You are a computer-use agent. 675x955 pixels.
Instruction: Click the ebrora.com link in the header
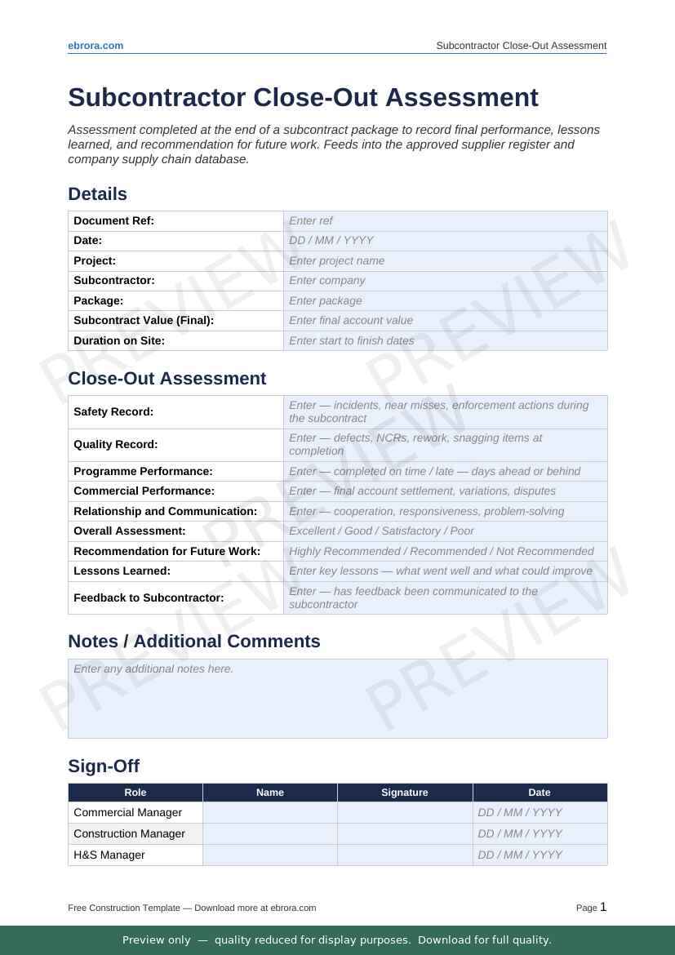[x=95, y=46]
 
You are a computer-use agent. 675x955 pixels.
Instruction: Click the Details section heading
[x=97, y=194]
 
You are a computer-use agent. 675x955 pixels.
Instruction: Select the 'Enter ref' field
[x=445, y=220]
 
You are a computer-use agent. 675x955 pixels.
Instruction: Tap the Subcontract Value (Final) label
[x=144, y=321]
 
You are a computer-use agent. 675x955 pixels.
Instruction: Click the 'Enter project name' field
[x=445, y=260]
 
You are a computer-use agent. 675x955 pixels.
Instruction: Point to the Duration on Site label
[x=119, y=340]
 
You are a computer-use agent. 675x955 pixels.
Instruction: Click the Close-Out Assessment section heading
[x=167, y=379]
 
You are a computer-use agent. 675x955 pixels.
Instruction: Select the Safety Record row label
[x=113, y=412]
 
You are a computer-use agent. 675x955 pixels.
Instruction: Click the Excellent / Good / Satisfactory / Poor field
[x=445, y=531]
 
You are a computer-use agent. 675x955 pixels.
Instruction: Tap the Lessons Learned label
[x=122, y=571]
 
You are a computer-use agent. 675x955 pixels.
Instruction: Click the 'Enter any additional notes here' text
[x=153, y=669]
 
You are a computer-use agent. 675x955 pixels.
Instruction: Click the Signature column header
[x=405, y=793]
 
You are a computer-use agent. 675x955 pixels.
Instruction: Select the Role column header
[x=135, y=793]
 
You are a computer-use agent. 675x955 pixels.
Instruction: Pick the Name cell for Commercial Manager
[x=270, y=813]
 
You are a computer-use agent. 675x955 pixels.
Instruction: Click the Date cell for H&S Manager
[x=540, y=855]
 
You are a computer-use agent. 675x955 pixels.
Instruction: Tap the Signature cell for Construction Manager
[x=405, y=834]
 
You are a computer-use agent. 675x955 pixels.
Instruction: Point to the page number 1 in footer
[x=603, y=907]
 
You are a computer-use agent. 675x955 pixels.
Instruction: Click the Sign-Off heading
[x=104, y=766]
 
